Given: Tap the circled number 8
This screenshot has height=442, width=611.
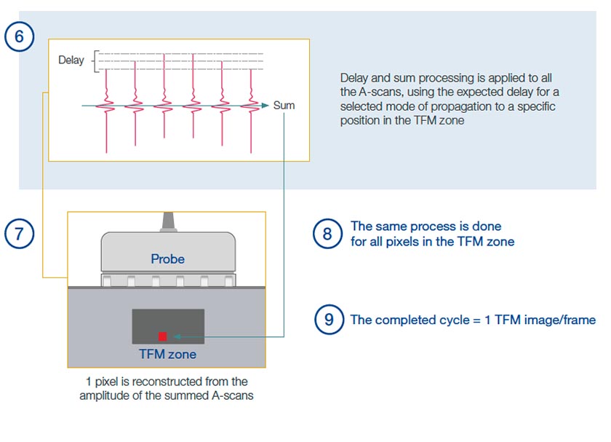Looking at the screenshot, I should pos(327,234).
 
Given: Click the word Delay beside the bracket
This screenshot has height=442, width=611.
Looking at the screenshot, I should pos(71,60).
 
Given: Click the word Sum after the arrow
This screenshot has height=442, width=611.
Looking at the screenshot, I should pos(284,106).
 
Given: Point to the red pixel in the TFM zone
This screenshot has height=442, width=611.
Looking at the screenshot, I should pos(163,336).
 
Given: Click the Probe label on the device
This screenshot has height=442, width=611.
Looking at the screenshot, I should pos(167,259).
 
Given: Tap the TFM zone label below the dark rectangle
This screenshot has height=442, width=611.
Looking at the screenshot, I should pos(167,355).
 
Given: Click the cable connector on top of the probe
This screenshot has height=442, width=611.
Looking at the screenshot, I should pos(167,221).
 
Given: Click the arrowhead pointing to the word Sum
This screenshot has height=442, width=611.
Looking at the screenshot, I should pos(266,106).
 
